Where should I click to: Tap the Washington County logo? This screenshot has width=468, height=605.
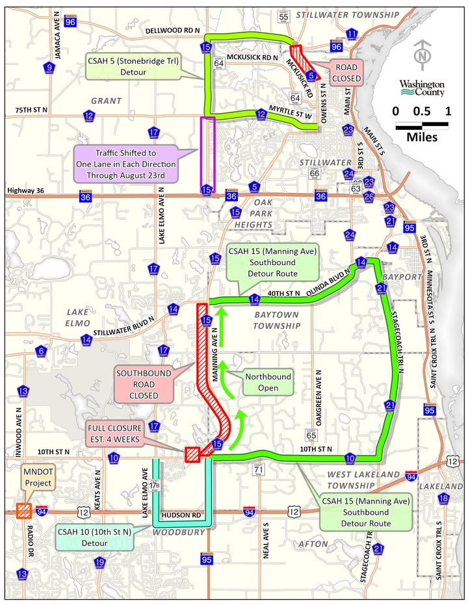click(422, 88)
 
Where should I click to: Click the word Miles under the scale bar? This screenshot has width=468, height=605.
click(421, 137)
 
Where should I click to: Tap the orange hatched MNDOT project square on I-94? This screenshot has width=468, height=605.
click(25, 510)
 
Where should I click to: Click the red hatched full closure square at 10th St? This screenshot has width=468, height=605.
click(192, 454)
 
